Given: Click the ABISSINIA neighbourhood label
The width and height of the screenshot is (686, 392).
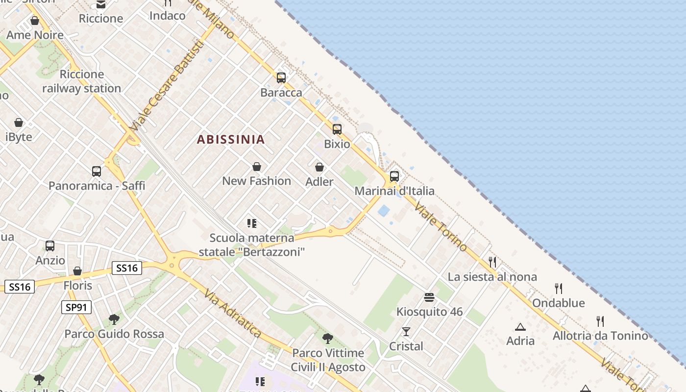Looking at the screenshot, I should click(x=231, y=140).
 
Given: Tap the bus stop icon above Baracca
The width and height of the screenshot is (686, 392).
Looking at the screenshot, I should click(x=281, y=77).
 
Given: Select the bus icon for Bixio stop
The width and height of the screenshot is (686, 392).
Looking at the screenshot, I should click(x=337, y=129).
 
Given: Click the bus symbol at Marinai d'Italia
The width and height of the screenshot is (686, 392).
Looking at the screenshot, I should click(x=394, y=176).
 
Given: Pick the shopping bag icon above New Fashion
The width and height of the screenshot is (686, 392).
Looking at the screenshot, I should click(x=256, y=167).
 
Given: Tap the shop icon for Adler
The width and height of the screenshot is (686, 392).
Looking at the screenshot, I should click(x=319, y=168).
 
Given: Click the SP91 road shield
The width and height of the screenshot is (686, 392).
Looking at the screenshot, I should click(x=76, y=307).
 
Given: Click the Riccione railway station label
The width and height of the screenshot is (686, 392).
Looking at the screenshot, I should click(x=81, y=81).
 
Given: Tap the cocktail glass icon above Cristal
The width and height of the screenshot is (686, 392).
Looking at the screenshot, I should click(x=406, y=332).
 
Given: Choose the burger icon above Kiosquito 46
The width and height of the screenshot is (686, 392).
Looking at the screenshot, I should click(x=429, y=297).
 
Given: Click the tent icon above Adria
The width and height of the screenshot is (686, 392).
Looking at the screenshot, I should click(x=520, y=326).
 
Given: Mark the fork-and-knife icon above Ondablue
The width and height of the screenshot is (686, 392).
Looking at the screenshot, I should click(x=558, y=288).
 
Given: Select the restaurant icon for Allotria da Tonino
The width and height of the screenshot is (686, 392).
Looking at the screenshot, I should click(x=600, y=321).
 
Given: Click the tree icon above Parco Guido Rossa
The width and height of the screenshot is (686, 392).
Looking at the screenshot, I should click(x=114, y=319).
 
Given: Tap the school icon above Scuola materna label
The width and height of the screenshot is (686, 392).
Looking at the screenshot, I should click(x=252, y=224).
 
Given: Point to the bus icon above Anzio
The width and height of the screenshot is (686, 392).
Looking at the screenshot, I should click(x=50, y=246).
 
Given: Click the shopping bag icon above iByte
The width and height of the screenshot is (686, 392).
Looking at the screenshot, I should click(x=19, y=122).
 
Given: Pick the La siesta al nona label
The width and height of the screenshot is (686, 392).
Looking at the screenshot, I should click(x=492, y=277).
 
